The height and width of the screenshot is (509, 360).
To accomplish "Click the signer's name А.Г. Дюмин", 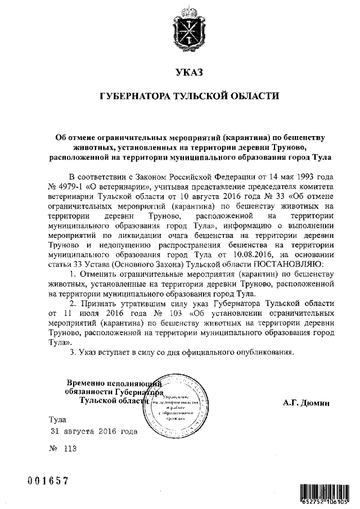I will pyautogui.click(x=305, y=403).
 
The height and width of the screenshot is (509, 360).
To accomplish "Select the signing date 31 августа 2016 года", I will pyautogui.click(x=93, y=432).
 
